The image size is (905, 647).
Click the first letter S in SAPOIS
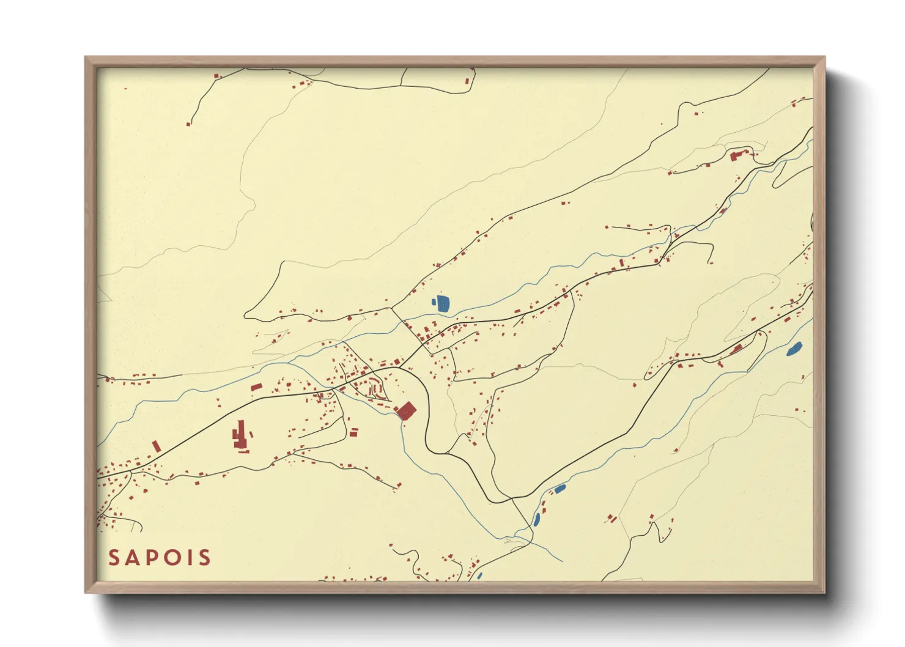pyautogui.click(x=114, y=558)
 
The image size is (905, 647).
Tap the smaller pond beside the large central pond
pyautogui.click(x=434, y=301)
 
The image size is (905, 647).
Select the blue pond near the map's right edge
pyautogui.click(x=794, y=349)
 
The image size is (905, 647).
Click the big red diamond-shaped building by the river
pyautogui.click(x=406, y=410)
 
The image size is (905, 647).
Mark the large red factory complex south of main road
pyautogui.click(x=240, y=437)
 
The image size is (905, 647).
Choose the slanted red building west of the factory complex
pyautogui.click(x=156, y=446)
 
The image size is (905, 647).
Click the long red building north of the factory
pyautogui.click(x=256, y=387)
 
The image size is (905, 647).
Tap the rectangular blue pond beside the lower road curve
pyautogui.click(x=559, y=489)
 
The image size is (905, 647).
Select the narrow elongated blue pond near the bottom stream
pyautogui.click(x=537, y=519)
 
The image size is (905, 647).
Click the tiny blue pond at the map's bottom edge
pyautogui.click(x=480, y=575)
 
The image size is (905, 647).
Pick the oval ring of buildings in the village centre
pyautogui.click(x=372, y=388)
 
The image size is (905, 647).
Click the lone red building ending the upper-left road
pyautogui.click(x=188, y=124)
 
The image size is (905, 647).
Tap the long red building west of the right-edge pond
pyautogui.click(x=737, y=349)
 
